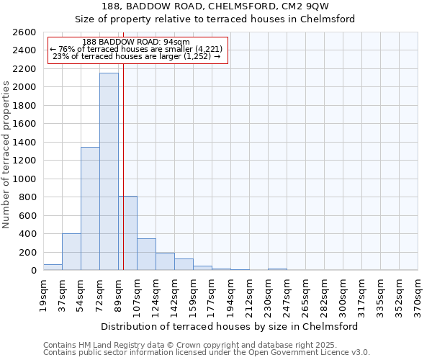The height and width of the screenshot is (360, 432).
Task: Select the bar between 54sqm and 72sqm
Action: (x=90, y=209)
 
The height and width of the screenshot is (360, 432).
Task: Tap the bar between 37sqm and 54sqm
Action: (x=71, y=252)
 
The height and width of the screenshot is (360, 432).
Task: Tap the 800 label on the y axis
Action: (x=29, y=197)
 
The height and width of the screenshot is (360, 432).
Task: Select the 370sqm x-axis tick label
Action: (x=418, y=295)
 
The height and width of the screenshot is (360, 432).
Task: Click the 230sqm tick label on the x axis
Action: (x=268, y=295)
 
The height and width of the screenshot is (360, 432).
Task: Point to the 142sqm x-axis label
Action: (x=174, y=295)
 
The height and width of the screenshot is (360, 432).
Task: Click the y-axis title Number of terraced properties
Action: (x=7, y=155)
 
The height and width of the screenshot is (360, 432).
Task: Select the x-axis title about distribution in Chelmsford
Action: (x=230, y=326)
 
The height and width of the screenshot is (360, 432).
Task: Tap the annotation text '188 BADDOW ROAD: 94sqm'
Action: (x=136, y=42)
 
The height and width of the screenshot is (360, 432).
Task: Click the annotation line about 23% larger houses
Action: (x=137, y=56)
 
